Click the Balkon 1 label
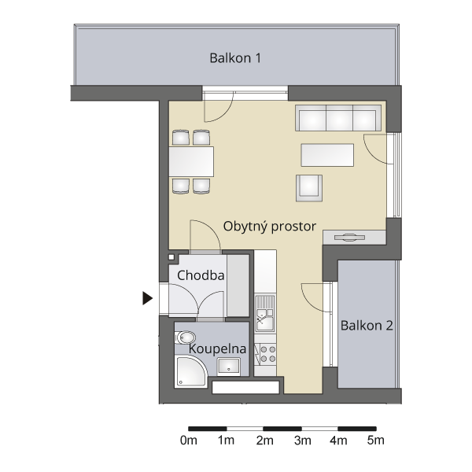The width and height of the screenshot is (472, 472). point(235,57)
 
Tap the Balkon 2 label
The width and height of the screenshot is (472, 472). point(367,326)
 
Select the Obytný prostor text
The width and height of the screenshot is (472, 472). point(269,227)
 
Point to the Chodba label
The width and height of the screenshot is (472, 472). point(201,275)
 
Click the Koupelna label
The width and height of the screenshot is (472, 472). point(217,348)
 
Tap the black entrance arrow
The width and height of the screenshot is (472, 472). point(147,298)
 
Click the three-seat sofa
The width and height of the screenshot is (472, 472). point(338,118)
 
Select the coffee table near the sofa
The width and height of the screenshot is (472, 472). point(327,155)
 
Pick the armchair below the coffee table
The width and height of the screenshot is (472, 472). point(309,188)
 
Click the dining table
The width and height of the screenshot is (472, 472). point(191,161)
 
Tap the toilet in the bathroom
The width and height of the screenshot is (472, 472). point(185,337)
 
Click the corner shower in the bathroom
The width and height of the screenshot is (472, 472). point(191,371)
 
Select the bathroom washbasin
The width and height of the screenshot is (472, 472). point(229,367)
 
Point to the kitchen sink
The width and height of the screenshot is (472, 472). point(265,313)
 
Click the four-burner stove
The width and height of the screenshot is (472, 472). point(265,354)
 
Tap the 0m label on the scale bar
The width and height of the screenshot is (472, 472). point(189,441)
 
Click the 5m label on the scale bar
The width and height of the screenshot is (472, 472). point(376,441)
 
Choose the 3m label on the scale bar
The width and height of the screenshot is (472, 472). point(303,441)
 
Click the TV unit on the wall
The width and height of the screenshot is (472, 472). point(354,238)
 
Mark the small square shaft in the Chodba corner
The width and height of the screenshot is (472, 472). point(171,257)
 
